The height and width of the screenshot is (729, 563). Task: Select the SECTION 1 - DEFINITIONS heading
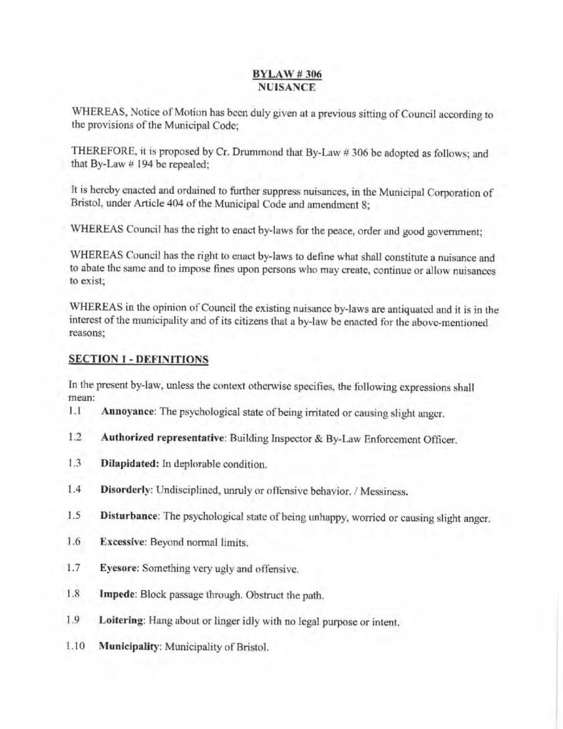point(138,360)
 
